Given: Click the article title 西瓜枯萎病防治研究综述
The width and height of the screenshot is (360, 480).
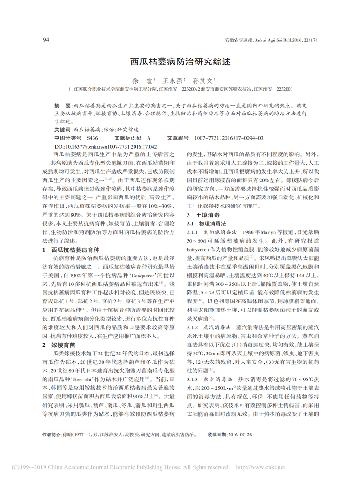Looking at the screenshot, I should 180,62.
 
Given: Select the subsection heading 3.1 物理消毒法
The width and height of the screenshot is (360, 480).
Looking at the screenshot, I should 206,223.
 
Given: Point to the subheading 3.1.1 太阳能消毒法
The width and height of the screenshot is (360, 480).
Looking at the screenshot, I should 209,232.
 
